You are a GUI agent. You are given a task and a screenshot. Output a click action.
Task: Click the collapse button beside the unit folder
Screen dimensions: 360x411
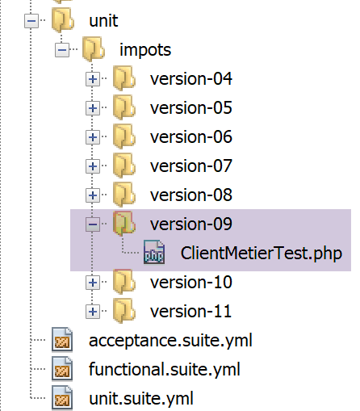coord(31,21)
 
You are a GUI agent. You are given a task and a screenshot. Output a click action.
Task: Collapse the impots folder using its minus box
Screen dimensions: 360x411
coord(62,50)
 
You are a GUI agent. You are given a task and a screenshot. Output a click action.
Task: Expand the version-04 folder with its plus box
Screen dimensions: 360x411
coord(93,79)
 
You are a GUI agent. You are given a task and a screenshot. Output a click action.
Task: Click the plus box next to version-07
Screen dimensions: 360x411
coord(93,166)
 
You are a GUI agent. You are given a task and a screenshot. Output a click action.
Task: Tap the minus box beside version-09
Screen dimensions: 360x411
coord(93,224)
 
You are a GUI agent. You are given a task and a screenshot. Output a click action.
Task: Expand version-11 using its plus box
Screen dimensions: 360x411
coord(93,312)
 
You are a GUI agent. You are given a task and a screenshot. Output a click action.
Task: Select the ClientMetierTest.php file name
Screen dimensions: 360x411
coord(262,254)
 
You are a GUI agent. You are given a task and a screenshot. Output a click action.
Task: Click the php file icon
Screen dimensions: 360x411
coord(154,252)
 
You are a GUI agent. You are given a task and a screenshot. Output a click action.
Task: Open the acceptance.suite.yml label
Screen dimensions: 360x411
coord(170,341)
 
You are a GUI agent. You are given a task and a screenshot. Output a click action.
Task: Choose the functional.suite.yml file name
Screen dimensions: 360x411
coord(165,369)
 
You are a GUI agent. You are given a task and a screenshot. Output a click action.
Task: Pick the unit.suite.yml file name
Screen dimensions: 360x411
coord(141,399)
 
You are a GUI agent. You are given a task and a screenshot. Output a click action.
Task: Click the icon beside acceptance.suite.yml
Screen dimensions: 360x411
coord(62,339)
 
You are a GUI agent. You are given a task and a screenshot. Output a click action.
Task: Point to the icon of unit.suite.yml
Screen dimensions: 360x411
coord(62,397)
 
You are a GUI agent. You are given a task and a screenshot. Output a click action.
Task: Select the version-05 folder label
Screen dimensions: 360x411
coord(191,108)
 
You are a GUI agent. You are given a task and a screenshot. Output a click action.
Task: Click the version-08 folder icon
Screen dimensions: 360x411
coord(123,195)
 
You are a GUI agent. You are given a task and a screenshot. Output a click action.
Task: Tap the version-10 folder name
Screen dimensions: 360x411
coord(191,283)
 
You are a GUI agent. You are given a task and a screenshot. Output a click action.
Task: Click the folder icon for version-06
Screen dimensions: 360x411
coord(123,136)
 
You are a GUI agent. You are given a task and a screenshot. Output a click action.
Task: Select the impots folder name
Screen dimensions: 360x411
coord(145,50)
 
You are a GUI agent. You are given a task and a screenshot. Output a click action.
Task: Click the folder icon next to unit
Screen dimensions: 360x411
coord(63,20)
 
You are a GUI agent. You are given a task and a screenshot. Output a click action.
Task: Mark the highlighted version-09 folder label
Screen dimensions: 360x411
coord(191,224)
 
